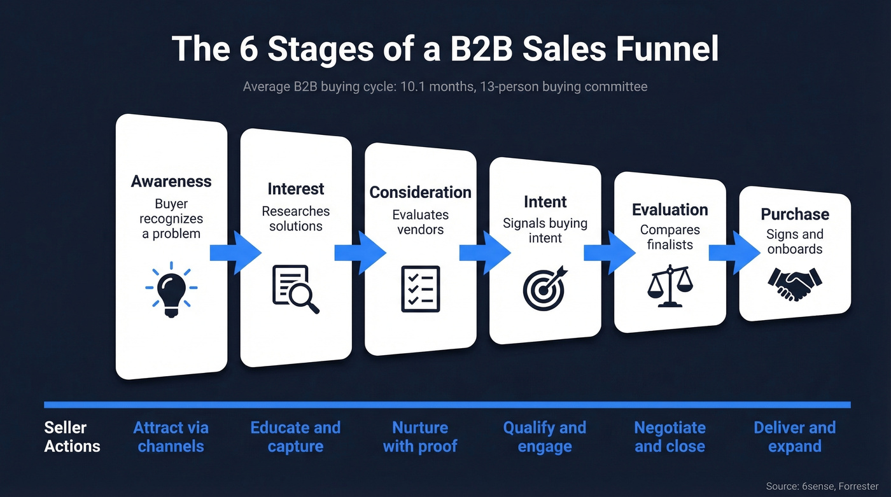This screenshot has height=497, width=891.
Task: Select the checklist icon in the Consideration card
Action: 420,288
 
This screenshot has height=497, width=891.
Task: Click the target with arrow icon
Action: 544,288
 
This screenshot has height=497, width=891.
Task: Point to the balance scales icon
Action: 670,286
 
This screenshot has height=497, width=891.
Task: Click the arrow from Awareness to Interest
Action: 234,253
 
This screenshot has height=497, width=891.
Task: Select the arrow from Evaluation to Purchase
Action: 733,252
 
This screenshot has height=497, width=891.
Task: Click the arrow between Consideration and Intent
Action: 484,253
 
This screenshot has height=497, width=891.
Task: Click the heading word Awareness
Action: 171,181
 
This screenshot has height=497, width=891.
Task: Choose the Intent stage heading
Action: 545,202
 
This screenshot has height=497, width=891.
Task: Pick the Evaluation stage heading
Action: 670,210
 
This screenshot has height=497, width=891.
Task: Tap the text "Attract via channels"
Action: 171,437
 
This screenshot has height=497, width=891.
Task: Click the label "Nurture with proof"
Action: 420,437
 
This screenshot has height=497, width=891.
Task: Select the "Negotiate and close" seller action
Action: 670,437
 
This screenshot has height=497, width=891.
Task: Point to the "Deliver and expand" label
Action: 794,437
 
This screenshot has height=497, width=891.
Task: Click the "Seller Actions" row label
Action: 72,437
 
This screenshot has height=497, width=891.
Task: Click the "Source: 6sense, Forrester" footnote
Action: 822,486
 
